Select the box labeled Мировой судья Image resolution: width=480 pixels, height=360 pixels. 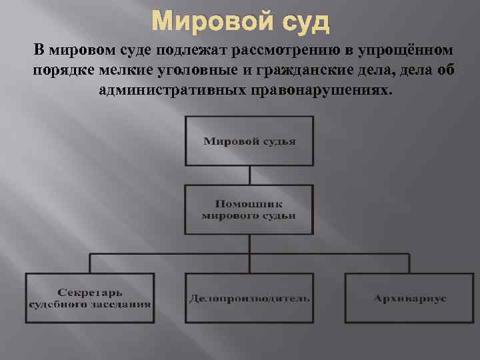point(249,141)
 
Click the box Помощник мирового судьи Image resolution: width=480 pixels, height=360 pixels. point(249,209)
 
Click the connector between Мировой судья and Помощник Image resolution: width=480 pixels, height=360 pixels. point(249,175)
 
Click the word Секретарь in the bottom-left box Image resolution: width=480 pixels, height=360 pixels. point(89,293)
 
